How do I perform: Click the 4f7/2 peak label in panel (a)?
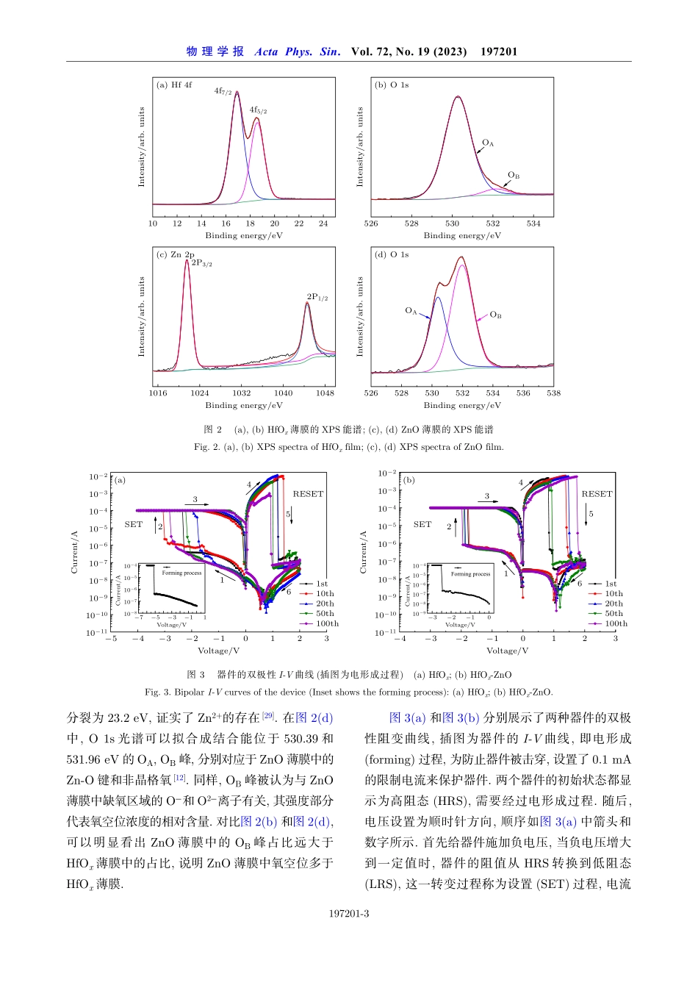click(223, 92)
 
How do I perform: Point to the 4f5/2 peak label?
click(258, 110)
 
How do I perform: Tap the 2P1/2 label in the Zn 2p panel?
click(317, 298)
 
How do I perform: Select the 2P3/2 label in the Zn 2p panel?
click(201, 263)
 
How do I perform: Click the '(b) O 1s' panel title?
click(392, 85)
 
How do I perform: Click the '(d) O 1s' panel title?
click(392, 255)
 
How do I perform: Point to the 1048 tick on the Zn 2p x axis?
click(325, 393)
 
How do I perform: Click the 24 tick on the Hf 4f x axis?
click(323, 223)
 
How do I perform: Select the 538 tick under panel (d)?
click(553, 393)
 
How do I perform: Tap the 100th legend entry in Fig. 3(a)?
click(327, 623)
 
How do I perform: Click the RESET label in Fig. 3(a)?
click(308, 494)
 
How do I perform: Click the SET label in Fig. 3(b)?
click(422, 524)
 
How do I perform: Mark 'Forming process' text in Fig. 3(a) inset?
click(181, 573)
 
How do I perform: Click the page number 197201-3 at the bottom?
click(349, 914)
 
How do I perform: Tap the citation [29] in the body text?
click(268, 715)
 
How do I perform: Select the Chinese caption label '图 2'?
click(213, 429)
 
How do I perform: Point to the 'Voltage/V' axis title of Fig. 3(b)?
click(507, 651)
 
